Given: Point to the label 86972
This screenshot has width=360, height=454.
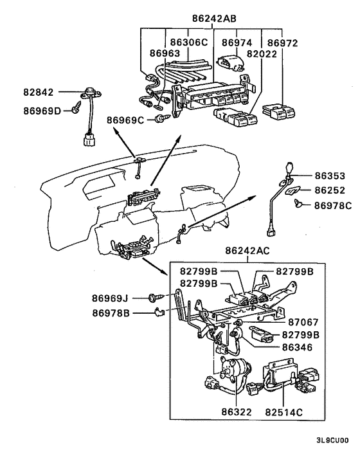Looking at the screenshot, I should pyautogui.click(x=283, y=42).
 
